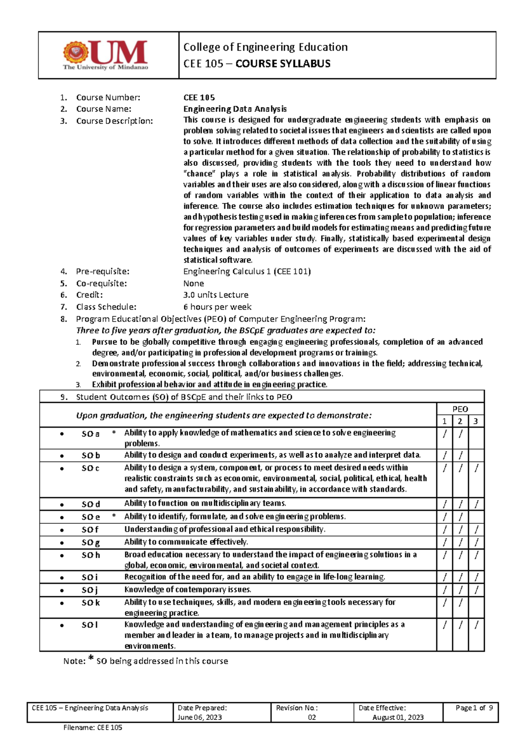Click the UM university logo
tap(105, 55)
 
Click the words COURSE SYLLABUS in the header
tap(283, 64)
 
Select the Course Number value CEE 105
tap(199, 98)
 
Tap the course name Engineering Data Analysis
tap(235, 109)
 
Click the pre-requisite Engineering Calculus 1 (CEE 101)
tap(247, 272)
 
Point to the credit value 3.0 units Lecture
tap(216, 295)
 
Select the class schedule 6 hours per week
tap(217, 307)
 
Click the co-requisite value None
tap(193, 283)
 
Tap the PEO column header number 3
tap(476, 421)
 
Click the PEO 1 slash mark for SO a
tap(444, 434)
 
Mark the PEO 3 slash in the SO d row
tap(476, 504)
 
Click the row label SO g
tap(91, 542)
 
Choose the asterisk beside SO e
tap(114, 516)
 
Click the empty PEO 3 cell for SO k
tap(476, 607)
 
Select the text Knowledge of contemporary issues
tap(188, 590)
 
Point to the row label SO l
tap(90, 625)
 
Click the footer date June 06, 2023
tap(199, 717)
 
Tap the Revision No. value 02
tap(311, 717)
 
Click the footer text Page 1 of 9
tap(474, 708)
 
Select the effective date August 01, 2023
tap(398, 717)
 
